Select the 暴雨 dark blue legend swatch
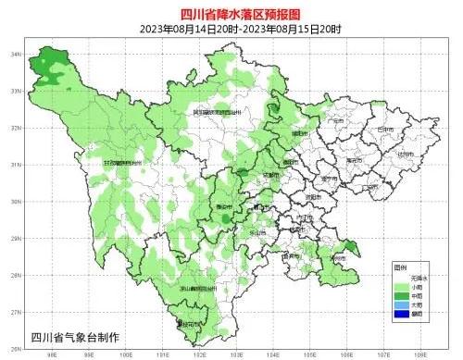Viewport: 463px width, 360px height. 400,314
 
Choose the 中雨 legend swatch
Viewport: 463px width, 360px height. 400,293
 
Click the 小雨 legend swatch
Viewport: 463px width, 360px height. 400,284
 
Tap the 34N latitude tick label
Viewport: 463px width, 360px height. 17,55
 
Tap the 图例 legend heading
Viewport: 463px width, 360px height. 401,265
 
